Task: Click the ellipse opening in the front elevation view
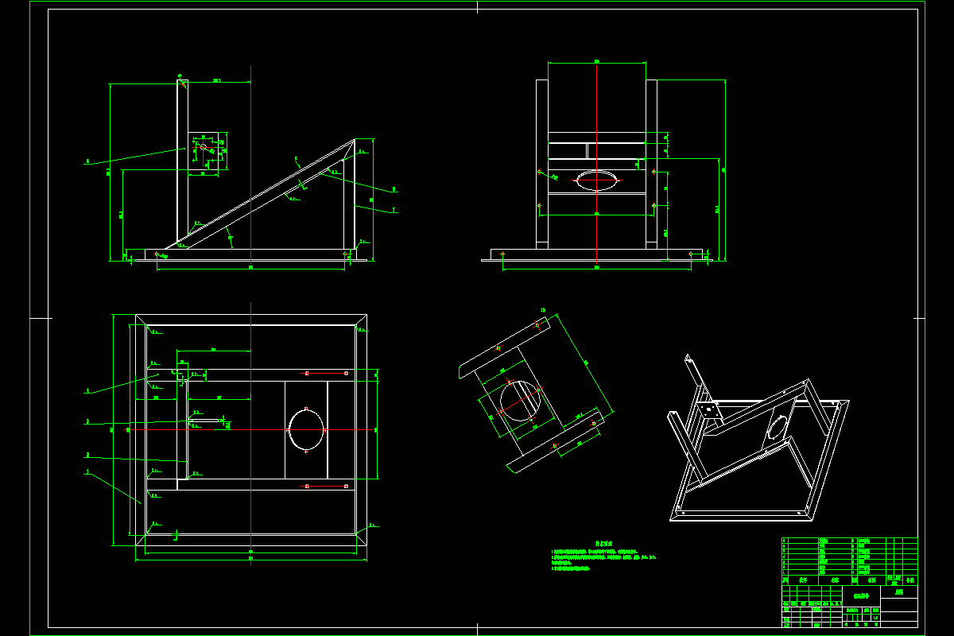[596, 180]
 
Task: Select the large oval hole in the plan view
[307, 429]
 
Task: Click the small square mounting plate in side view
[204, 151]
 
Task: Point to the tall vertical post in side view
[182, 159]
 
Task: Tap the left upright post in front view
[541, 163]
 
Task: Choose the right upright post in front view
[651, 163]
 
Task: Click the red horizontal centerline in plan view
[238, 430]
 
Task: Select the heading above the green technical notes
[604, 544]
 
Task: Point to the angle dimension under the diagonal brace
[231, 235]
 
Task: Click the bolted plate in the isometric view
[708, 413]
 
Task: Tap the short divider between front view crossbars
[588, 150]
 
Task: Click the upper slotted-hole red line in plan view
[326, 373]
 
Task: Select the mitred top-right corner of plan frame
[360, 323]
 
